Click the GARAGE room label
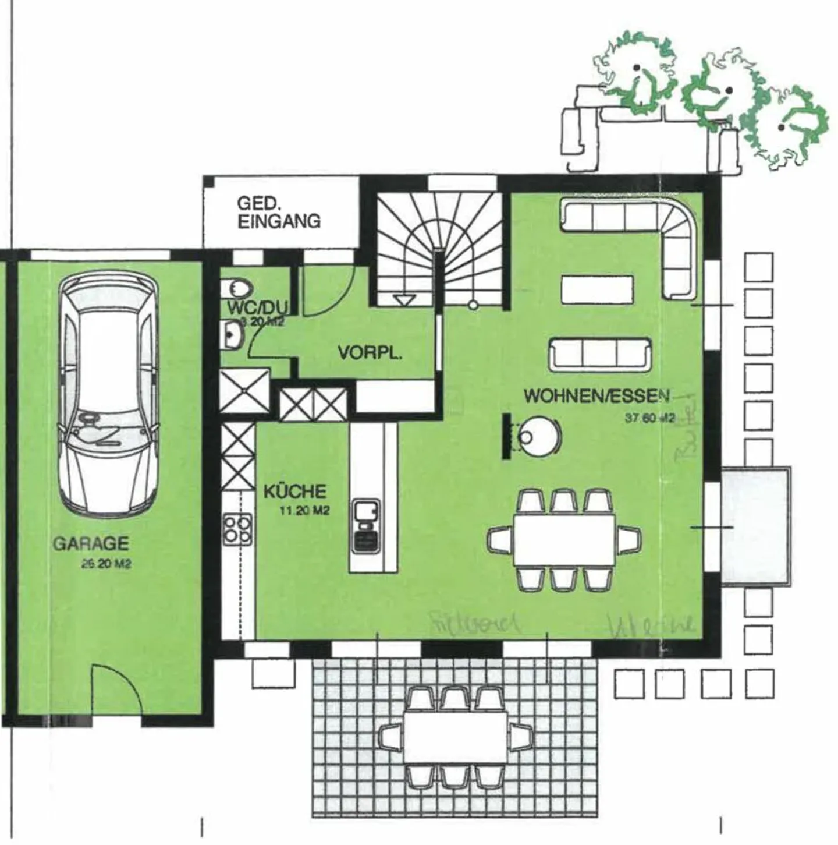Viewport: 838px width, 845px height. [x=91, y=543]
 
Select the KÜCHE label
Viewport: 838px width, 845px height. [x=295, y=492]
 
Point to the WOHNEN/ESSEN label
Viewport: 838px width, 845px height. [x=597, y=396]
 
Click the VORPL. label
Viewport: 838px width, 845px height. [x=370, y=353]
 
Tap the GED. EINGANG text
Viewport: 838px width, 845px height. [x=278, y=213]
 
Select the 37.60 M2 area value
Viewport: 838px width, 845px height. [x=649, y=418]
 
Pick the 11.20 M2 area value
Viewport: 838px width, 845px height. [x=305, y=511]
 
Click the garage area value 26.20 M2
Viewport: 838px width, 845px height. [x=106, y=564]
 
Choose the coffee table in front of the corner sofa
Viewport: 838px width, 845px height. [x=597, y=289]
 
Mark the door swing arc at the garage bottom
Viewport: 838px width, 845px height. [x=116, y=690]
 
